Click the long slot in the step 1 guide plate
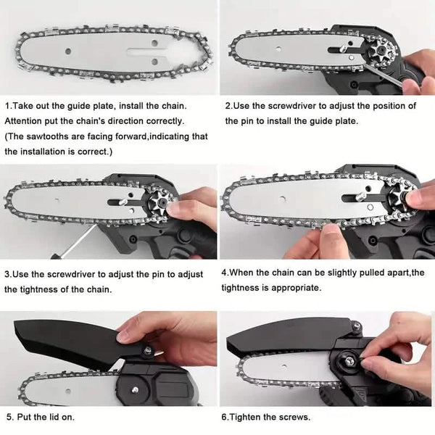point(147,51)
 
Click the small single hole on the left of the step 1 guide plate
point(68,51)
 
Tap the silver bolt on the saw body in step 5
point(135,389)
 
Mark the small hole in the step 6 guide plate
point(283,367)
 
